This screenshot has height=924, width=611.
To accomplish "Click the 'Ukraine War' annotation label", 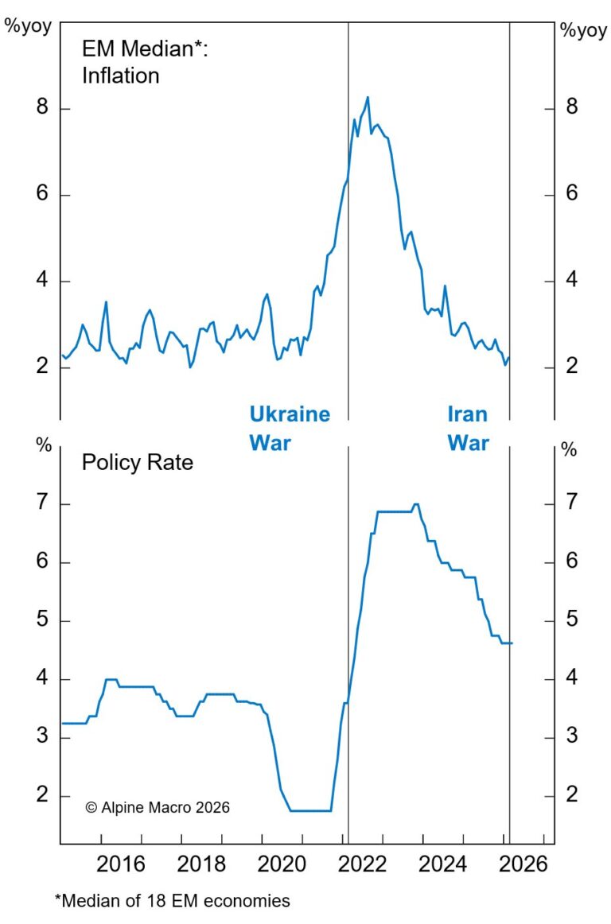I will (289, 428).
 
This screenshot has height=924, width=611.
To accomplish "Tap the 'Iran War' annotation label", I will (468, 428).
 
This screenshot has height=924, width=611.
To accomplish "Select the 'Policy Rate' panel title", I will (137, 462).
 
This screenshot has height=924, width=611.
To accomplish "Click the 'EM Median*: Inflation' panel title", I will (144, 62).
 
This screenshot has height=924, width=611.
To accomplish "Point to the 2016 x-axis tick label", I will (119, 864).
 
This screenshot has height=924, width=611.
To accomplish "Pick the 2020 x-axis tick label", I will (282, 864).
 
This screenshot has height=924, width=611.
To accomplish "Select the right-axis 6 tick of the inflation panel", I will (570, 196).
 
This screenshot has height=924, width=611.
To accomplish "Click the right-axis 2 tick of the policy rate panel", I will (570, 795).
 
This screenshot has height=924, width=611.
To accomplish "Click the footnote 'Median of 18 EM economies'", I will (172, 901).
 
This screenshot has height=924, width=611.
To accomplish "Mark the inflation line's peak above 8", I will (368, 98).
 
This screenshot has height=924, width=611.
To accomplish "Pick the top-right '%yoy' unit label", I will (583, 30).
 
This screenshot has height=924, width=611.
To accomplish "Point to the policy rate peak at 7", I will (415, 504).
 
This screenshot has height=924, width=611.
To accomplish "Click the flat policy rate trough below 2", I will (310, 810).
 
